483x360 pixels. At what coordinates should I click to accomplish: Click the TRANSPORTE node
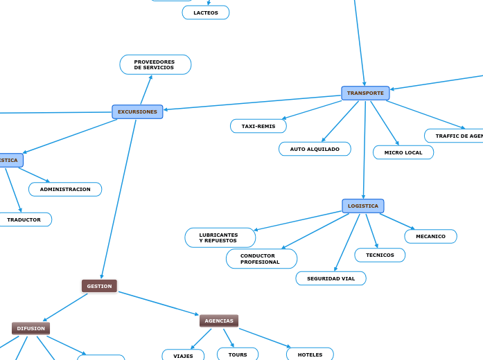[x=365, y=93]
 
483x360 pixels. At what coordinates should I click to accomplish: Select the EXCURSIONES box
[x=137, y=111]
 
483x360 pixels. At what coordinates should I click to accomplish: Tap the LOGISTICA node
[x=363, y=206]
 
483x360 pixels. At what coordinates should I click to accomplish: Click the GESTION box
[x=99, y=286]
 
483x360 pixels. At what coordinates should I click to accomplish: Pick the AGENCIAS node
[x=219, y=321]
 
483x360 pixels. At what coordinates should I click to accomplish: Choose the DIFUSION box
[x=31, y=328]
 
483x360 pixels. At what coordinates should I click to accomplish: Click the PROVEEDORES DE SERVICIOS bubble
[x=155, y=64]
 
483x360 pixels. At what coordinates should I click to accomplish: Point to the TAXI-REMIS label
[x=258, y=126]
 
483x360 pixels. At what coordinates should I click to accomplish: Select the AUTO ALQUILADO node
[x=315, y=149]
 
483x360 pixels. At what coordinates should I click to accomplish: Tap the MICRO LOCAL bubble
[x=403, y=152]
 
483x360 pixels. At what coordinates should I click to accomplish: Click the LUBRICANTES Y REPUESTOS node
[x=220, y=237]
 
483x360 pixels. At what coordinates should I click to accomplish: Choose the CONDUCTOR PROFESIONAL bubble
[x=261, y=259]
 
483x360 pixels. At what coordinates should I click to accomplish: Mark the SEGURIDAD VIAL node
[x=331, y=278]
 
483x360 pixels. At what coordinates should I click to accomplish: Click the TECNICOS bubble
[x=380, y=255]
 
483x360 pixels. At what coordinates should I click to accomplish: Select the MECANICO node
[x=430, y=236]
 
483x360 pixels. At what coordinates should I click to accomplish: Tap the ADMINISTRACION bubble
[x=65, y=189]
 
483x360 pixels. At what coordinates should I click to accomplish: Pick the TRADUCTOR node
[x=24, y=219]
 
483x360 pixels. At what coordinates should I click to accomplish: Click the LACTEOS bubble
[x=206, y=12]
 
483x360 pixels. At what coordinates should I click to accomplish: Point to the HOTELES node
[x=310, y=354]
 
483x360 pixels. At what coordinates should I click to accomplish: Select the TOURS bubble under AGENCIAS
[x=238, y=354]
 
